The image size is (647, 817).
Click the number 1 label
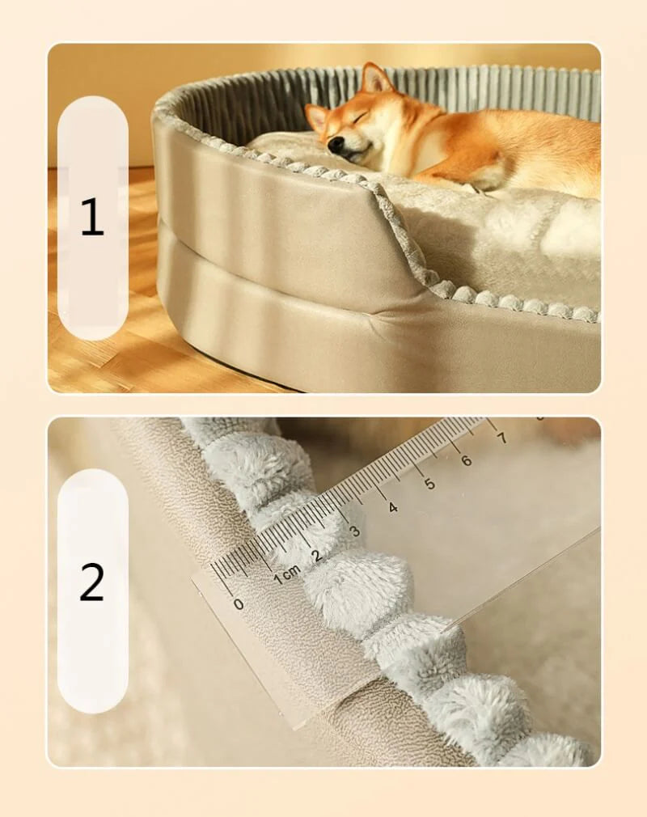pyautogui.click(x=92, y=218)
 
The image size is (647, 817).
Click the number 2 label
pyautogui.click(x=92, y=582)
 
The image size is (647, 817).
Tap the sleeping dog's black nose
pyautogui.click(x=334, y=147)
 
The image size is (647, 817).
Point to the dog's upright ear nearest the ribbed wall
pyautogui.click(x=375, y=78)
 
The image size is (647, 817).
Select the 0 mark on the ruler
pyautogui.click(x=238, y=603)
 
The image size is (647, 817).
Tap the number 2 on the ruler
pyautogui.click(x=317, y=556)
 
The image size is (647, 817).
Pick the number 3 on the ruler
pyautogui.click(x=354, y=531)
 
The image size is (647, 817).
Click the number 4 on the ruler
pyautogui.click(x=392, y=507)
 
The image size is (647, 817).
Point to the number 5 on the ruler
pyautogui.click(x=429, y=484)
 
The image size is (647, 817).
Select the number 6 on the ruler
pyautogui.click(x=466, y=460)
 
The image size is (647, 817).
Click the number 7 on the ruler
pyautogui.click(x=501, y=438)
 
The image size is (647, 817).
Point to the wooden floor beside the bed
pyautogui.click(x=97, y=356)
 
